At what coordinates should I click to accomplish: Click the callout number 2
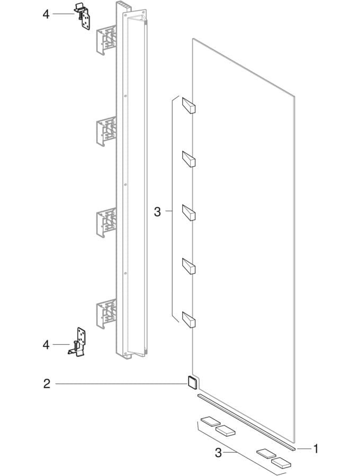point(47,384)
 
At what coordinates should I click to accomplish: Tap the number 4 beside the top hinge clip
point(46,14)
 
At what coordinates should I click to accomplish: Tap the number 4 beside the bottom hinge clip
point(46,345)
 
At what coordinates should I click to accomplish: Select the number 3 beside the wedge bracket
point(157,212)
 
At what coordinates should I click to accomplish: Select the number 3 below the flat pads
point(218,453)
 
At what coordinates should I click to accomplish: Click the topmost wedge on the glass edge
point(188,105)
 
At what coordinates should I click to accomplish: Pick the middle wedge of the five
point(188,212)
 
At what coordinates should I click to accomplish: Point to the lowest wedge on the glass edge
point(188,319)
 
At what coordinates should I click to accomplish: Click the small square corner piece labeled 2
point(192,382)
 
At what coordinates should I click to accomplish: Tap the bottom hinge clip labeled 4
point(78,342)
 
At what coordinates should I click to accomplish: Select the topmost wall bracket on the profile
point(106,40)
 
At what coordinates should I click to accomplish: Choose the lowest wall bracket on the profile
point(106,314)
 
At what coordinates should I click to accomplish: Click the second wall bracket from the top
point(106,131)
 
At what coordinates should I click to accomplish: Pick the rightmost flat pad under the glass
point(281,463)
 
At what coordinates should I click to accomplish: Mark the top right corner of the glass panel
point(295,96)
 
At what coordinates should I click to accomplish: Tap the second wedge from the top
point(188,159)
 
